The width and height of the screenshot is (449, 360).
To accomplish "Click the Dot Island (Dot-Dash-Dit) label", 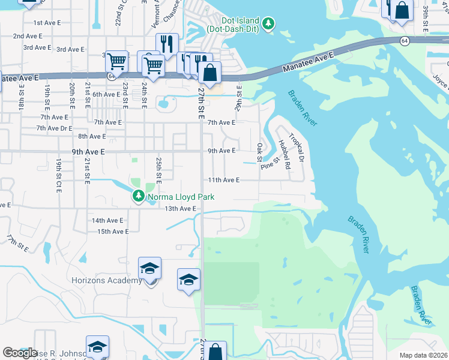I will click(x=234, y=24).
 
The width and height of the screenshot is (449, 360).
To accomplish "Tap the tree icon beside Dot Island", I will click(x=270, y=24).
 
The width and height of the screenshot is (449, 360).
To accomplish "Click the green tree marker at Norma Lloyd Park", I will click(x=139, y=196).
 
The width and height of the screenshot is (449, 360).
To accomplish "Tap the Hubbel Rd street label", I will click(x=284, y=154).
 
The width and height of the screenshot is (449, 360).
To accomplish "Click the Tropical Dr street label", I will click(x=297, y=148).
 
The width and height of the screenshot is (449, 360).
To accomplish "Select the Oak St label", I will click(x=260, y=152).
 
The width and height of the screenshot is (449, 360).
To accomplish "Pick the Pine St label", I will click(x=271, y=163).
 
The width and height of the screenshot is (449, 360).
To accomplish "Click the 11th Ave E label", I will click(x=223, y=180).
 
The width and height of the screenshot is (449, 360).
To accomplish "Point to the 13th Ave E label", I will click(x=181, y=209).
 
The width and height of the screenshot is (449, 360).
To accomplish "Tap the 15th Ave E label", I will click(x=113, y=232).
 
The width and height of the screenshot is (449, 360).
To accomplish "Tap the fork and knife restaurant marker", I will click(x=167, y=44).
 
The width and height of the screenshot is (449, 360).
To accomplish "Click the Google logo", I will click(x=20, y=353).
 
